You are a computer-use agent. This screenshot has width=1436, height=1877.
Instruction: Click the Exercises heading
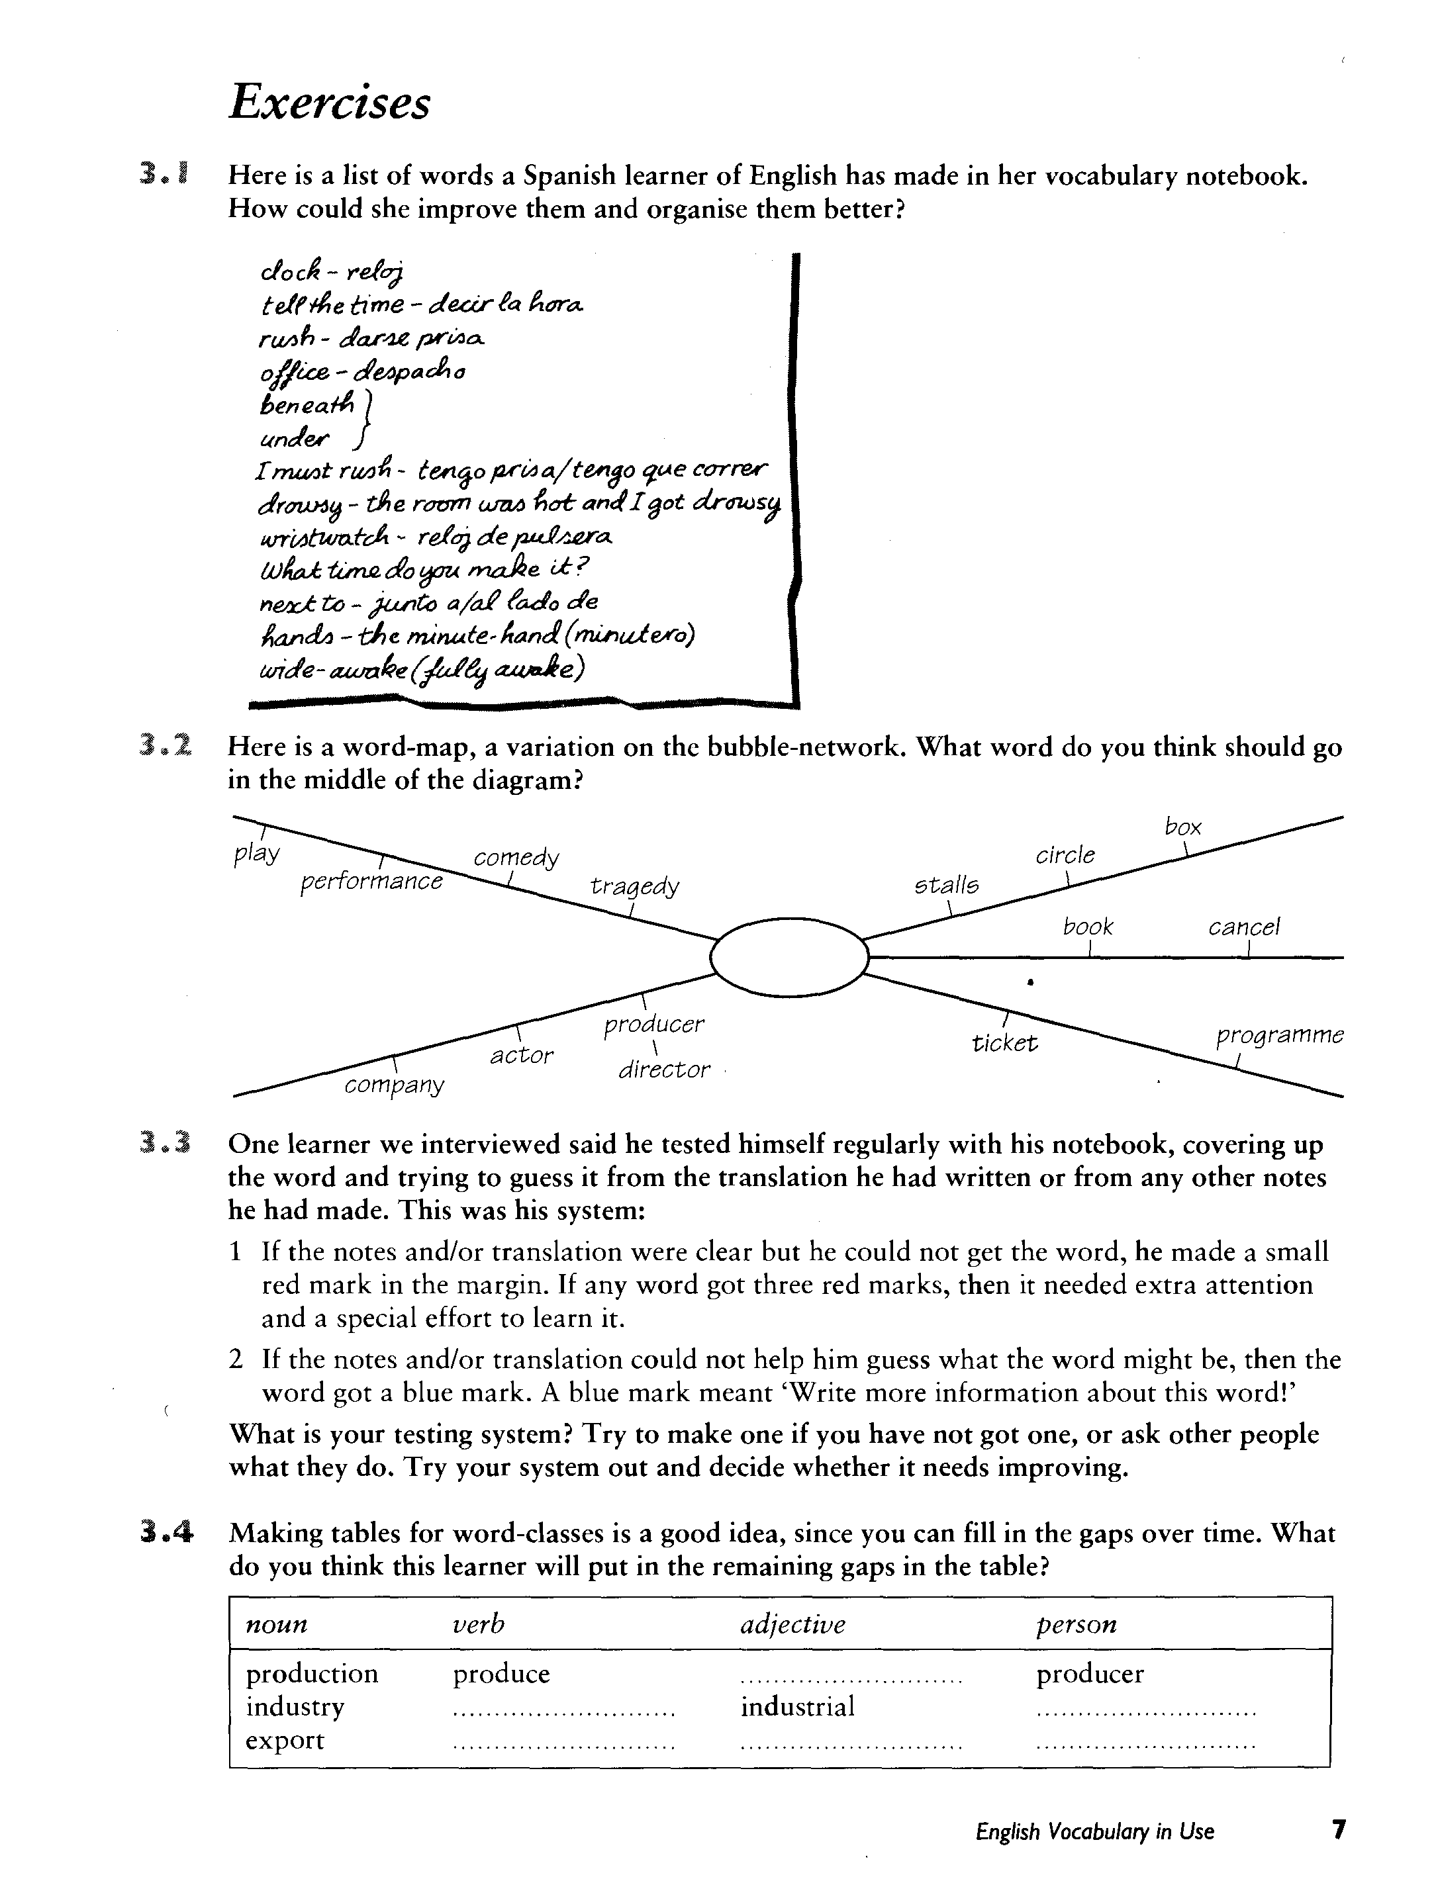pyautogui.click(x=329, y=103)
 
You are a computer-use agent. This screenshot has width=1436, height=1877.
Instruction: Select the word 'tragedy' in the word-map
pyautogui.click(x=634, y=886)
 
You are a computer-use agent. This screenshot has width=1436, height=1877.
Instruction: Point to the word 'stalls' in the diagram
pyautogui.click(x=947, y=885)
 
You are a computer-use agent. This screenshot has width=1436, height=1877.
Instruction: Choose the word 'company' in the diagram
pyautogui.click(x=394, y=1085)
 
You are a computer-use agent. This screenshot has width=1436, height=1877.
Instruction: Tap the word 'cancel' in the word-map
pyautogui.click(x=1244, y=927)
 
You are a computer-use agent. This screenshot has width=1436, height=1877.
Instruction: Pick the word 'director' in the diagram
pyautogui.click(x=664, y=1070)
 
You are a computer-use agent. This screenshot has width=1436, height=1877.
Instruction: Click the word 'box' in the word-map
pyautogui.click(x=1183, y=827)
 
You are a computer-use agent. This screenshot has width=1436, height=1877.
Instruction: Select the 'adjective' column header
pyautogui.click(x=792, y=1624)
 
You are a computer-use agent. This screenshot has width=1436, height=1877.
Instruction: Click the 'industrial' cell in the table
pyautogui.click(x=798, y=1707)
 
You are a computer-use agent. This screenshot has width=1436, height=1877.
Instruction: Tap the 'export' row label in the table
pyautogui.click(x=285, y=1740)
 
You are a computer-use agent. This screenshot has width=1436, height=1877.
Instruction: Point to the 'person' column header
pyautogui.click(x=1076, y=1624)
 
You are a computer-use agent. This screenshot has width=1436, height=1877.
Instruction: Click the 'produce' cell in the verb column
pyautogui.click(x=501, y=1674)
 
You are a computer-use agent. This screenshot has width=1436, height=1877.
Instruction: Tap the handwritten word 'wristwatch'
pyautogui.click(x=323, y=537)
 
